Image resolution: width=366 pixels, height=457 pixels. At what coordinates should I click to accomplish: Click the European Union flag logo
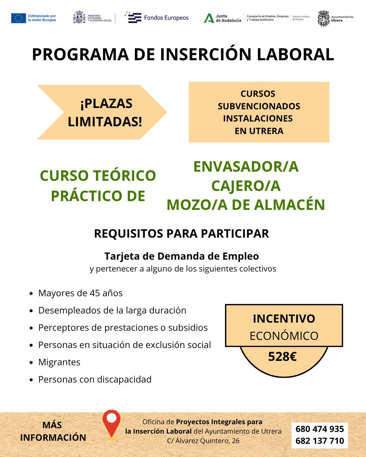click(18, 18)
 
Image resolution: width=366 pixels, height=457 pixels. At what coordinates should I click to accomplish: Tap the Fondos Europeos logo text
click(166, 18)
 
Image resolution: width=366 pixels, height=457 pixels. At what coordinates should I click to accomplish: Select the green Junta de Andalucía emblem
click(208, 18)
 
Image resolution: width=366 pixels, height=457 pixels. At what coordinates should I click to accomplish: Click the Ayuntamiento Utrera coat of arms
click(323, 18)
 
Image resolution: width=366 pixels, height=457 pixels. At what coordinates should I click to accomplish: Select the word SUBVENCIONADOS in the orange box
click(259, 106)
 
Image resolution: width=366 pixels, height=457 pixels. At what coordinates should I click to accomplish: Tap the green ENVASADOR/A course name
click(246, 167)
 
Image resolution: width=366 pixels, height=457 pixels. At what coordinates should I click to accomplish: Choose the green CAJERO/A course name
click(246, 186)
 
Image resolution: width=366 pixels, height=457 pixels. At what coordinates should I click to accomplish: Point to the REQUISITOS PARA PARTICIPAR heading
click(181, 234)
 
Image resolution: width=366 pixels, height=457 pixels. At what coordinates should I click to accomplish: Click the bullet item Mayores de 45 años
click(80, 293)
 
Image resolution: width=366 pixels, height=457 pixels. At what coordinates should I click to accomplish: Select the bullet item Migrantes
click(59, 362)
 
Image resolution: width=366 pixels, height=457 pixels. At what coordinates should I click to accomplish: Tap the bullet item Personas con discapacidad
click(95, 379)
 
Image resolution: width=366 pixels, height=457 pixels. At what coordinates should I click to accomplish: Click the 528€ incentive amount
click(282, 357)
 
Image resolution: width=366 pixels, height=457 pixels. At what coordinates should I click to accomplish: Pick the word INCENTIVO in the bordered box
click(284, 319)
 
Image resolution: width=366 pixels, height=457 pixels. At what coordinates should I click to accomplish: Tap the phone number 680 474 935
click(320, 429)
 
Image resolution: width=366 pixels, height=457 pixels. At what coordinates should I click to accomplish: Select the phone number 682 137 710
click(320, 441)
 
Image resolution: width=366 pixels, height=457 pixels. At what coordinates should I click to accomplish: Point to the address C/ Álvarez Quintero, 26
click(203, 441)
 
